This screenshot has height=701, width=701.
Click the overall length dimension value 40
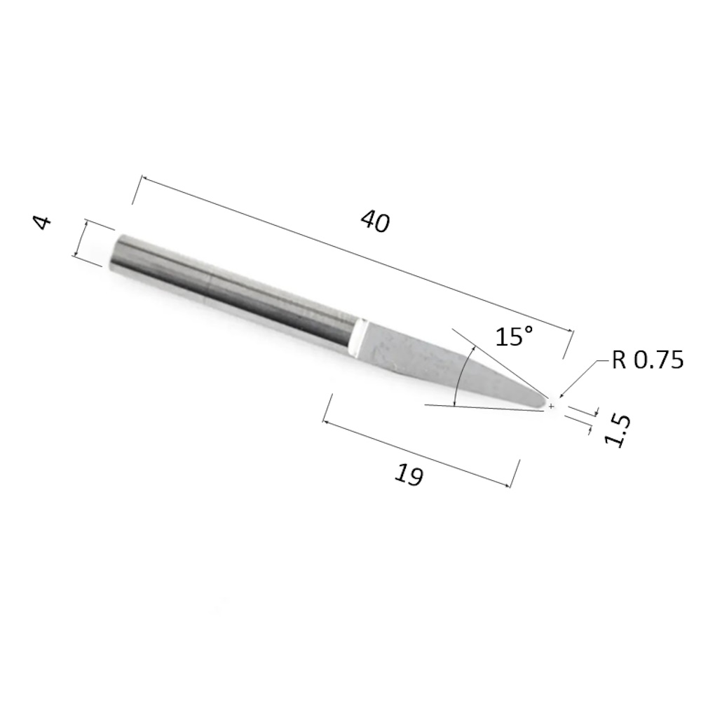[x=375, y=222]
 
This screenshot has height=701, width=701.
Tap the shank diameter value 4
[x=43, y=222]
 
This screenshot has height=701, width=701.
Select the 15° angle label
[x=515, y=336]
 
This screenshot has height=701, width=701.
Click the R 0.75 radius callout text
[x=647, y=360]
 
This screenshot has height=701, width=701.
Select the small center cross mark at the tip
[x=551, y=406]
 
